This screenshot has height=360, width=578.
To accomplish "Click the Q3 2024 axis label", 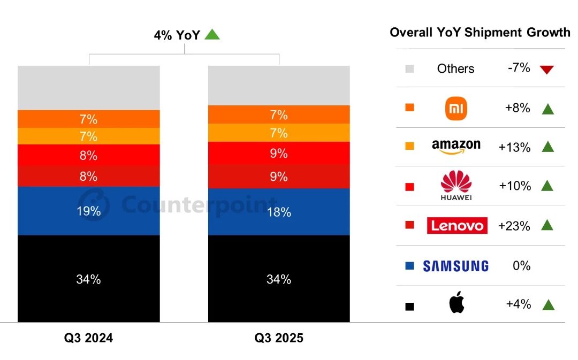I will coord(89,339).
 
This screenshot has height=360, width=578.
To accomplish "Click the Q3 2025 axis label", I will coord(279,339).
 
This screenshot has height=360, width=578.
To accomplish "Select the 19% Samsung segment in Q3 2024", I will coord(89,211).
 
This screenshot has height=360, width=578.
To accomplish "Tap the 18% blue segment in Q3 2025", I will coord(279,212).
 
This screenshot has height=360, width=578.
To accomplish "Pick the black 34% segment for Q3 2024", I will coord(89,279).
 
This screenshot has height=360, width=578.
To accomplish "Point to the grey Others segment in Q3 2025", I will coord(279,86).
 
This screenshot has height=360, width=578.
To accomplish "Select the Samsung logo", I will coord(455,266).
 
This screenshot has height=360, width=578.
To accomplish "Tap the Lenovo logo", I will coord(457,226).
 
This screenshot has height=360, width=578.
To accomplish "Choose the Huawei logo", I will coord(456,186).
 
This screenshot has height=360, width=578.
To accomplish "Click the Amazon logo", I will coord(456,146).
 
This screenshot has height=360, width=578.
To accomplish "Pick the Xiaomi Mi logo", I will coord(456,109).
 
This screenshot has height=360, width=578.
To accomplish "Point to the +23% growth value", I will coord(514,226).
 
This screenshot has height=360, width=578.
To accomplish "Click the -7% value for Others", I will coord(518,68).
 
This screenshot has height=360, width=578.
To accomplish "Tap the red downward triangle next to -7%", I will coord(547,70).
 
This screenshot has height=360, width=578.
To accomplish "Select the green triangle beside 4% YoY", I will coord(212,35).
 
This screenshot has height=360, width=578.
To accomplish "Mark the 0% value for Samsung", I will coord(521,266).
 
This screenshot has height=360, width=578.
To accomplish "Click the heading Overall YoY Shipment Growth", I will coord(480,33).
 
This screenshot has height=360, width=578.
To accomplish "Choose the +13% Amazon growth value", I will coord(514,147).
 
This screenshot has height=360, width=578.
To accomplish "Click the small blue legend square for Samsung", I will coord(410,266).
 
